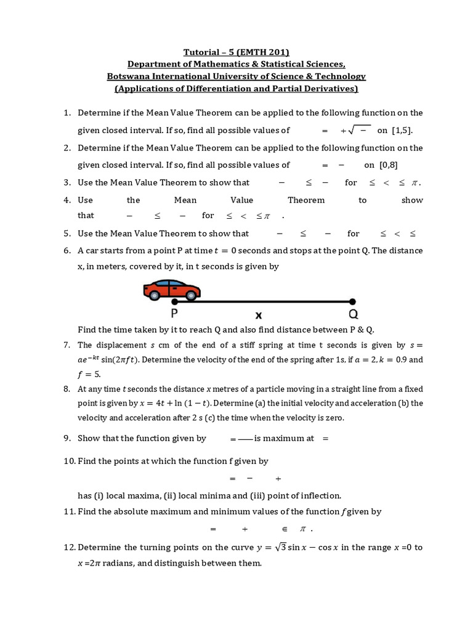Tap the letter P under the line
[175, 313]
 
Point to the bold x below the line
[259, 314]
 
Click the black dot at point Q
[352, 302]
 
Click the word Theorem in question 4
[306, 200]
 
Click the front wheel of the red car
[192, 295]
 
